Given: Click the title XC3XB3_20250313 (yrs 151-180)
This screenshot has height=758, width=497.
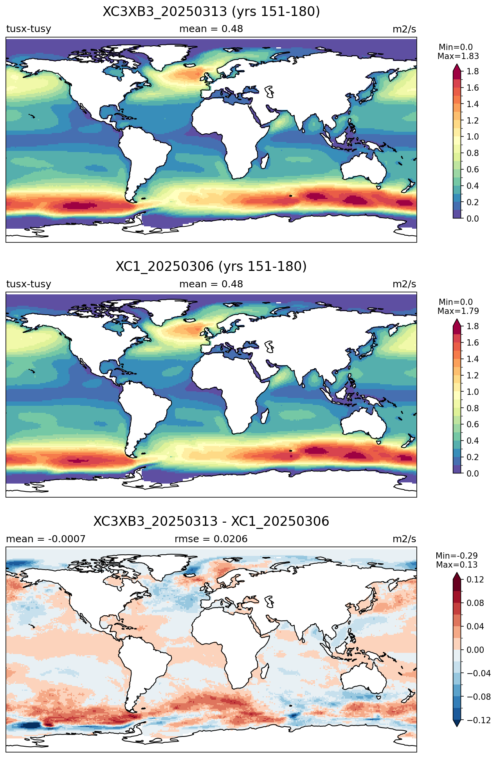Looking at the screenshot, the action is [x=211, y=12].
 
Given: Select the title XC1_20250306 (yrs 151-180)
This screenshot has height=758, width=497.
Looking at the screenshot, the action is [x=211, y=267].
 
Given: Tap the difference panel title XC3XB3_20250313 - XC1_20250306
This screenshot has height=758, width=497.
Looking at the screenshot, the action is [x=211, y=521].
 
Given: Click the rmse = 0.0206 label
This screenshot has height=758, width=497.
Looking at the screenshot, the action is [x=211, y=539].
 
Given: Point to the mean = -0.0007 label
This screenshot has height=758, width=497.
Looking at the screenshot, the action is [x=46, y=539].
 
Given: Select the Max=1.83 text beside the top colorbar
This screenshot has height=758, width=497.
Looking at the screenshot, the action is [x=458, y=56].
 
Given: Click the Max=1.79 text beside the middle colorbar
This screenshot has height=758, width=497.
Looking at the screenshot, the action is [x=458, y=311].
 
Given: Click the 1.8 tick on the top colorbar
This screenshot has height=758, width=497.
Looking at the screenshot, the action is [x=473, y=72].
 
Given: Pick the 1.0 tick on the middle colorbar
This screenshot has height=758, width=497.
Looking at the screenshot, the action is [x=473, y=392].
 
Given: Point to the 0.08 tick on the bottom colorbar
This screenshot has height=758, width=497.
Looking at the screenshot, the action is [x=475, y=603].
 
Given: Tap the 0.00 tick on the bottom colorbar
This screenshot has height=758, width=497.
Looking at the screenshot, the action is [x=475, y=650].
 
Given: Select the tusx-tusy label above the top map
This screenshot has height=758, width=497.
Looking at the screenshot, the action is [x=29, y=29].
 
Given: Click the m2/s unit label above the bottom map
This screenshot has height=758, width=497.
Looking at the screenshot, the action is [x=404, y=539].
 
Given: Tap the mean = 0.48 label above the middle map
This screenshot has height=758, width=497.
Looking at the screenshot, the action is [x=211, y=284].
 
